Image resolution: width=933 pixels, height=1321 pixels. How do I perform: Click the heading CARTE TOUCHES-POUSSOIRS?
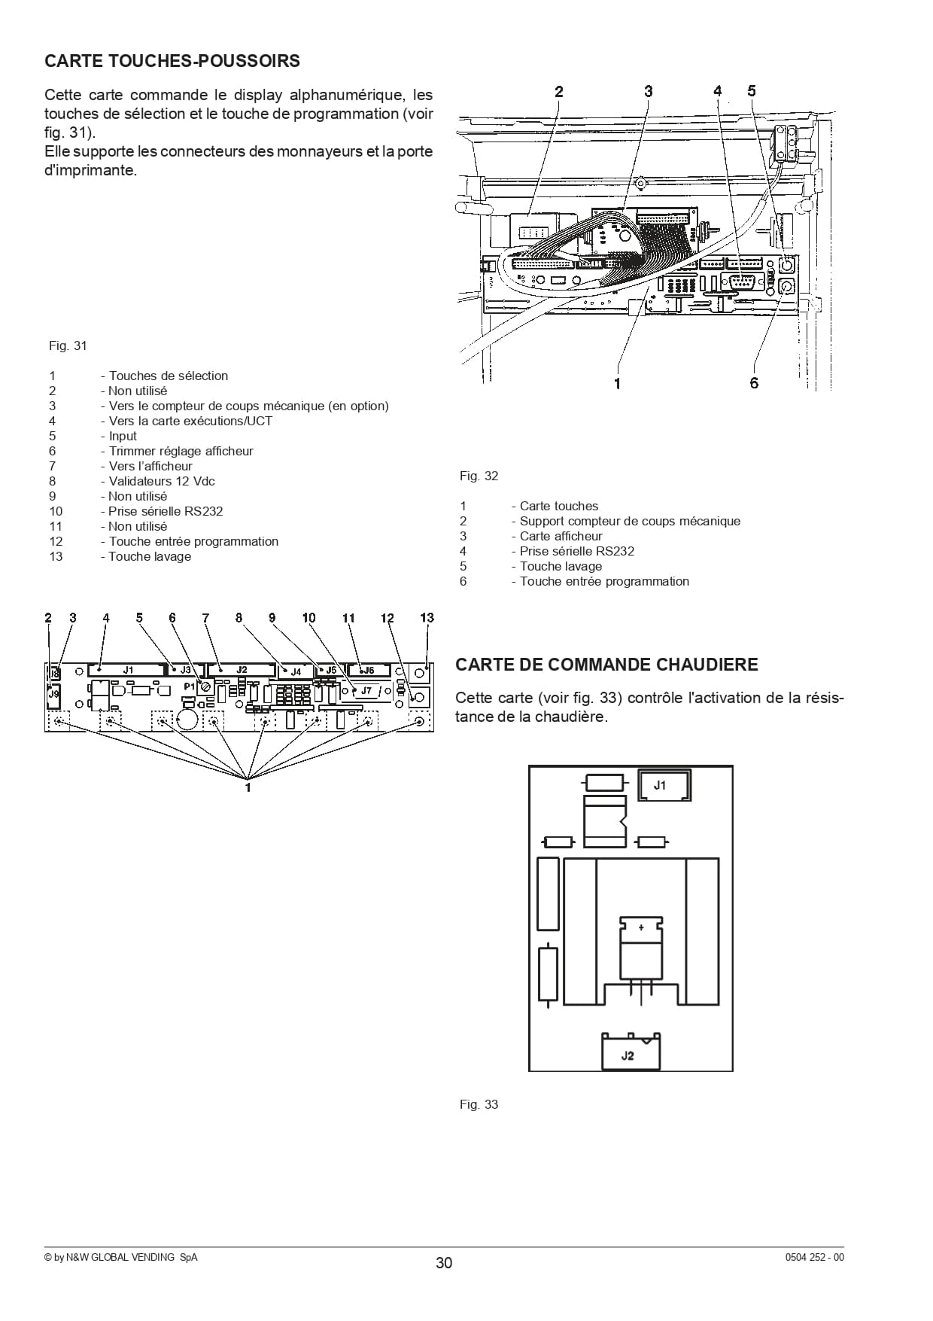coord(172,61)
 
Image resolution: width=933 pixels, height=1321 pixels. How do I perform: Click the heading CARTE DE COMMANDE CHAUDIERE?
coord(606,665)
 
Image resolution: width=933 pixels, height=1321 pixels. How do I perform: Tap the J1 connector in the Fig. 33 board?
coord(664,785)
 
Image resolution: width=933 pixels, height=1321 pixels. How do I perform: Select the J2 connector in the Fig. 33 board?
coord(631,1052)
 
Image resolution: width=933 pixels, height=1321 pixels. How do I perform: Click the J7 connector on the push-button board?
coord(366,690)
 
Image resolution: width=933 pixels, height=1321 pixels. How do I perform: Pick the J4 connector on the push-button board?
coord(296,671)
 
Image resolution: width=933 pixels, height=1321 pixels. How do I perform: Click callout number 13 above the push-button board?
coord(427,617)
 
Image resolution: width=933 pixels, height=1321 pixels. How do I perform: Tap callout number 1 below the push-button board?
coord(248,787)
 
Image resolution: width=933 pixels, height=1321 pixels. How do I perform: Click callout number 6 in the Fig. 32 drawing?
coord(754,383)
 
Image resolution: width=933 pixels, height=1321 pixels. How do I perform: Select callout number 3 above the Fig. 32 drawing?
coord(648,91)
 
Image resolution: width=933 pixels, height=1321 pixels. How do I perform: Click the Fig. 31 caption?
coord(68,346)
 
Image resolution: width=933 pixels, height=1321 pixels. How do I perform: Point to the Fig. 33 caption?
coord(479,1104)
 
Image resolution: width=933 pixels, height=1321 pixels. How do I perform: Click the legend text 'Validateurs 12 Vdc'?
coord(162,481)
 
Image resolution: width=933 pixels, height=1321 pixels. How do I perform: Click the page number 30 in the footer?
coord(444,1263)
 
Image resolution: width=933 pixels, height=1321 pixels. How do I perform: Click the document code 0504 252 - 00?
coord(814,1257)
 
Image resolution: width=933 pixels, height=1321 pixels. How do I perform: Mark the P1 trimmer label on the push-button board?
coord(189,686)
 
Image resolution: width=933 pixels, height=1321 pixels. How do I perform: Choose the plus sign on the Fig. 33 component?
coord(641,928)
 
